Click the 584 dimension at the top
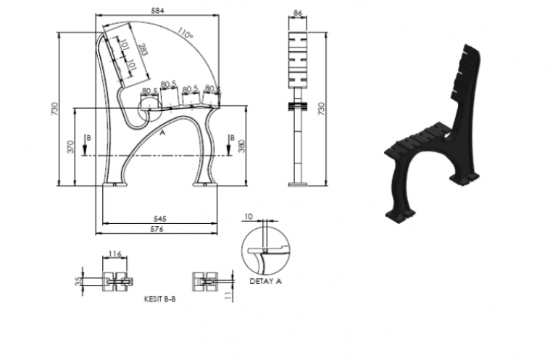click(x=158, y=11)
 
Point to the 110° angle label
click(x=185, y=33)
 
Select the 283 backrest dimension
click(x=143, y=50)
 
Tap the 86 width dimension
click(x=298, y=13)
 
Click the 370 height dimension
click(x=70, y=146)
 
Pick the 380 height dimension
click(x=241, y=146)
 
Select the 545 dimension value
click(x=159, y=219)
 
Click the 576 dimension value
click(x=157, y=229)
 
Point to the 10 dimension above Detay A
click(x=249, y=217)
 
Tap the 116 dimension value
click(x=114, y=254)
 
